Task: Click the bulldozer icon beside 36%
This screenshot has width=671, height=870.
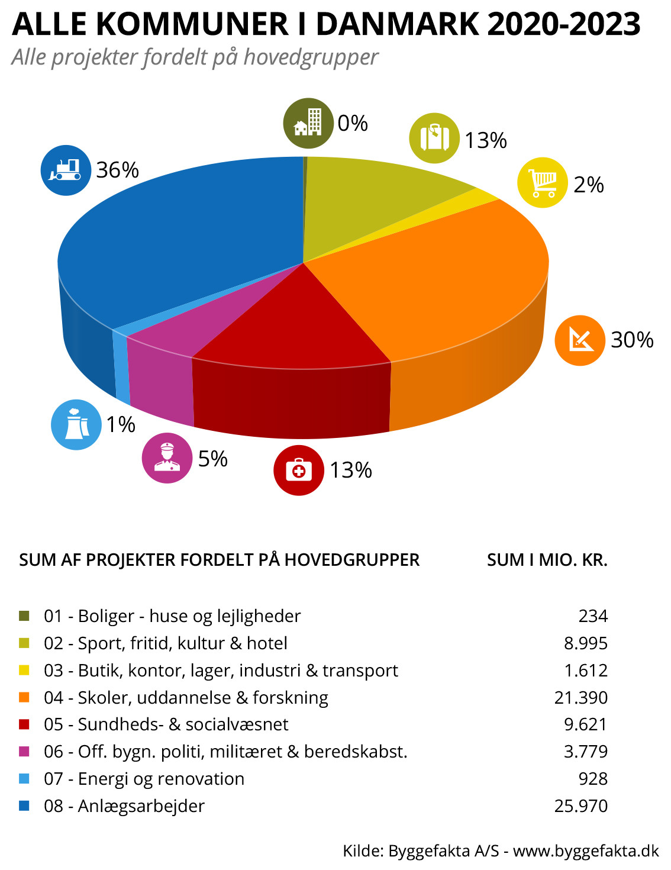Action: (66, 170)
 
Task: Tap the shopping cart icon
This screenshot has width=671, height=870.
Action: (543, 182)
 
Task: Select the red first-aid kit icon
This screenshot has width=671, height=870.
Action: (299, 470)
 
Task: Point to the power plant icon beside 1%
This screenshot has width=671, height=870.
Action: (76, 424)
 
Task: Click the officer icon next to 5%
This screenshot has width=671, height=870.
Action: (167, 458)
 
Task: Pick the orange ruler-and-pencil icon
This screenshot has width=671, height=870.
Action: (579, 340)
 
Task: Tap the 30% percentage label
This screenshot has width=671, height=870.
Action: (632, 340)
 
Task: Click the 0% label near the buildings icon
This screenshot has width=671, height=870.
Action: (353, 123)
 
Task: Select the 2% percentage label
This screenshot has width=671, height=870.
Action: (589, 185)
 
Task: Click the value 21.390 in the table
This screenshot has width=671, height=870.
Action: (580, 697)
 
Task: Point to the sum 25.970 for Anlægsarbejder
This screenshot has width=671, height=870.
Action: (580, 805)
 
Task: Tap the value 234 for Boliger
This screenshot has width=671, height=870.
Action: (593, 616)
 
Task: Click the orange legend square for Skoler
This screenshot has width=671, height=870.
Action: (24, 697)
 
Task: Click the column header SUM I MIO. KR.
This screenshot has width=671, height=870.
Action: (547, 560)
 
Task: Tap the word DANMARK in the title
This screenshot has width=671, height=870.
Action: (397, 24)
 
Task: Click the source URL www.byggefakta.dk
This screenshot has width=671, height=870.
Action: (586, 850)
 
